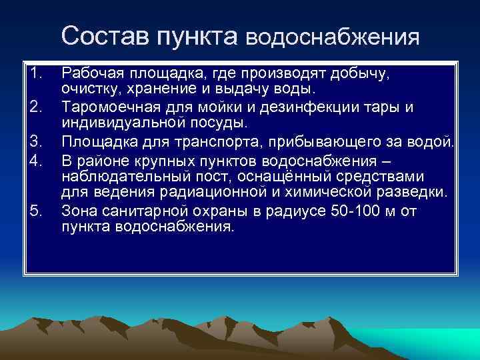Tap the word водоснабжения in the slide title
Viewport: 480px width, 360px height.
[333, 37]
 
